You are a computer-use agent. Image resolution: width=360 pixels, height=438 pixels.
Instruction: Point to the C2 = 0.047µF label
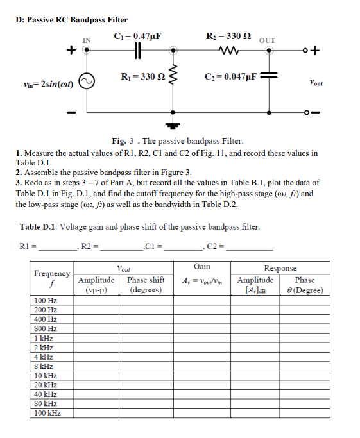[230, 77]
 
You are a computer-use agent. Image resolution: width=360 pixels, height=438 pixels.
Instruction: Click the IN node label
[86, 40]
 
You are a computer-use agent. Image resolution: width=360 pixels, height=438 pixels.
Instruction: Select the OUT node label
[268, 40]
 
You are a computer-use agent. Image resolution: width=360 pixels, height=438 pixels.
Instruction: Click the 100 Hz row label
[44, 300]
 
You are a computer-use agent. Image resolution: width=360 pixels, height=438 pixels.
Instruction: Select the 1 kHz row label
[43, 338]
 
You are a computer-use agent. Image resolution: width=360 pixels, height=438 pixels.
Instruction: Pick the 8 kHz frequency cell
[43, 366]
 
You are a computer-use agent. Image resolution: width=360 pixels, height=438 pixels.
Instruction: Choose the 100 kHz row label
[46, 414]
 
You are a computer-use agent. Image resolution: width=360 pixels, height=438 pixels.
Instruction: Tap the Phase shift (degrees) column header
[146, 284]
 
